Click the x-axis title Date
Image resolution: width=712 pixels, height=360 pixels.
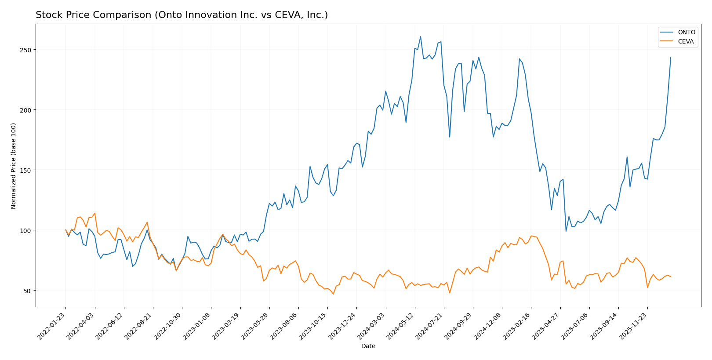click(368, 346)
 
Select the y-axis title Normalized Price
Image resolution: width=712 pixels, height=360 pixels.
click(14, 166)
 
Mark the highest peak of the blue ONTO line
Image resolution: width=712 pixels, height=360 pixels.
click(420, 36)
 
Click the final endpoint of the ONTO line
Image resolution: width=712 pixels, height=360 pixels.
click(671, 57)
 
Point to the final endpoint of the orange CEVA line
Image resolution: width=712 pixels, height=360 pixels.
click(671, 277)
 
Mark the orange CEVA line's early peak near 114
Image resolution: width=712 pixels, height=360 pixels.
click(94, 213)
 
